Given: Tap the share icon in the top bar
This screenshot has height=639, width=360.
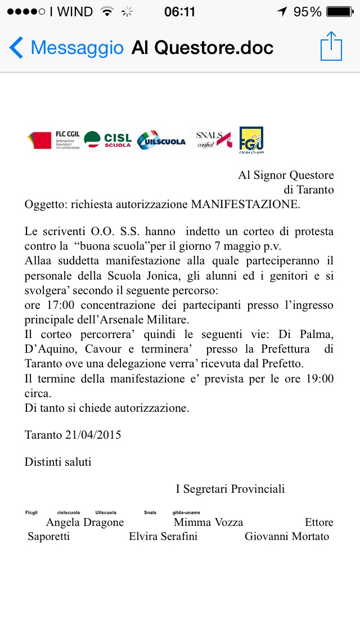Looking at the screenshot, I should pyautogui.click(x=331, y=47).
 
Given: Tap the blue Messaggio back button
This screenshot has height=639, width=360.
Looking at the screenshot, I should pyautogui.click(x=66, y=48).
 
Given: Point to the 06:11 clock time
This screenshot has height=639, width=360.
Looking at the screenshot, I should pyautogui.click(x=179, y=11).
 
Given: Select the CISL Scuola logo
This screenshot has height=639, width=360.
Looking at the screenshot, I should pyautogui.click(x=108, y=139).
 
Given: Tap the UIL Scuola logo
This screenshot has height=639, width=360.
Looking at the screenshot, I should pyautogui.click(x=161, y=141).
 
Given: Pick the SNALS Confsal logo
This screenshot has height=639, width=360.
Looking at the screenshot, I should pyautogui.click(x=213, y=139).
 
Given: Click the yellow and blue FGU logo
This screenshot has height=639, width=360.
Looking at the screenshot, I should pyautogui.click(x=251, y=140).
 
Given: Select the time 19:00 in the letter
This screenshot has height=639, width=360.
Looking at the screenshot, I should pyautogui.click(x=318, y=379).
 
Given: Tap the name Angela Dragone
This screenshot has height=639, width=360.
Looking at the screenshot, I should pyautogui.click(x=85, y=523).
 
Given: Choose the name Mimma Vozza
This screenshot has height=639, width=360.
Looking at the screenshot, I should pyautogui.click(x=209, y=523).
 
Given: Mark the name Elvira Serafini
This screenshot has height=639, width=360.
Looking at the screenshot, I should pyautogui.click(x=163, y=537).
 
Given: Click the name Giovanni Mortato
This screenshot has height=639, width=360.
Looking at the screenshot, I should pyautogui.click(x=287, y=537).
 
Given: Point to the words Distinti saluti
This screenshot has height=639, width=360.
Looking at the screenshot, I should pyautogui.click(x=58, y=462).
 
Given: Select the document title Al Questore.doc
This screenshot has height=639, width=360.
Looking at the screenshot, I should pyautogui.click(x=202, y=48).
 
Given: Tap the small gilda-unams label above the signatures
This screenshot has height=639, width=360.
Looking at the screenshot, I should pyautogui.click(x=186, y=512).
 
